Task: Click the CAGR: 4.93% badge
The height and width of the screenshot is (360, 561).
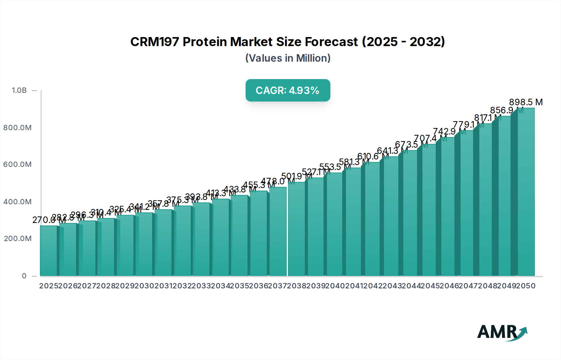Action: (x=288, y=90)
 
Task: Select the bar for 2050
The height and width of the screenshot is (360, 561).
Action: (x=526, y=193)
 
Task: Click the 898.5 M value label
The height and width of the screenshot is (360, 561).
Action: (x=526, y=102)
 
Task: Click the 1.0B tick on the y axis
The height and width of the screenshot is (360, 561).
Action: (x=19, y=90)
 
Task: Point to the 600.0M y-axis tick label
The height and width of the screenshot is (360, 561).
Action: (x=17, y=164)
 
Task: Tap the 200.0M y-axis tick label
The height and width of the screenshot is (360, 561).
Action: (x=17, y=239)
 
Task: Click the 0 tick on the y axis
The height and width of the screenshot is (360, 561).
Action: (x=24, y=276)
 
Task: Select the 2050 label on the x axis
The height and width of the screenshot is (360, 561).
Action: (x=526, y=286)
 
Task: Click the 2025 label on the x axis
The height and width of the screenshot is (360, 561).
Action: (x=49, y=286)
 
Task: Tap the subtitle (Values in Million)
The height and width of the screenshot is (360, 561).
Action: (x=288, y=58)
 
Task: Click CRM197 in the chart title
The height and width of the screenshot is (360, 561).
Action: (x=154, y=42)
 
